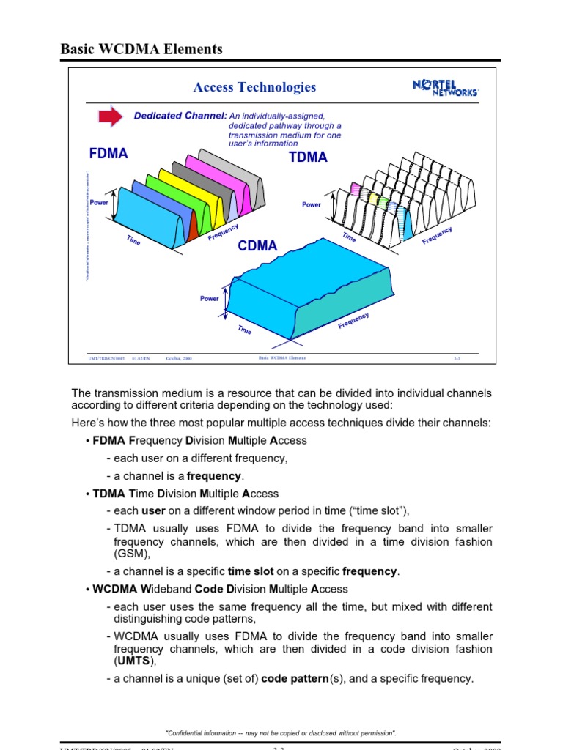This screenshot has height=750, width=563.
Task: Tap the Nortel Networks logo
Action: (445, 89)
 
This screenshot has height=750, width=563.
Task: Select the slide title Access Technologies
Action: (254, 87)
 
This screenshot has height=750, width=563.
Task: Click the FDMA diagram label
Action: (108, 154)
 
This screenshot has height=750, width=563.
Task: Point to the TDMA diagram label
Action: (309, 157)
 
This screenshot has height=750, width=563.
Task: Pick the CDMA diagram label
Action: (257, 246)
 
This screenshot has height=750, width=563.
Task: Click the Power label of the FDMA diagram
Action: (99, 202)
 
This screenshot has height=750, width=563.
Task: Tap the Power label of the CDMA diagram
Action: (210, 299)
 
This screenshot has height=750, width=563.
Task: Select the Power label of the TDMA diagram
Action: (312, 205)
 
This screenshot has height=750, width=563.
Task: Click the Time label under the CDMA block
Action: (245, 330)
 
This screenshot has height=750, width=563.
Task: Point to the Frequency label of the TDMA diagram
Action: (437, 236)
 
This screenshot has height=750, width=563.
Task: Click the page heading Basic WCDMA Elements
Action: (141, 50)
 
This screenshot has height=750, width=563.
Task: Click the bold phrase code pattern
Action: (295, 679)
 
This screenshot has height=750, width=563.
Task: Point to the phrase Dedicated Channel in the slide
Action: (180, 116)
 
